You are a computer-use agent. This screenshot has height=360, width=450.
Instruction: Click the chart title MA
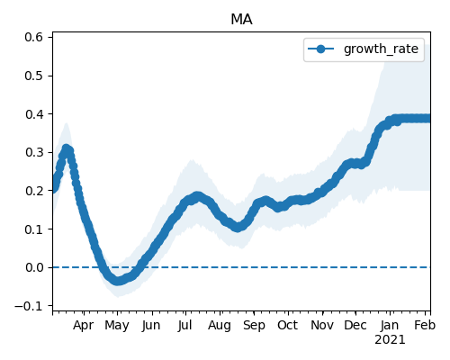tap(241, 20)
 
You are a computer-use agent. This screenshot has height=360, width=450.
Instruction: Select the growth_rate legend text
tap(381, 49)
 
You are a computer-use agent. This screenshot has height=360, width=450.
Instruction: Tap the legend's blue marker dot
tap(320, 49)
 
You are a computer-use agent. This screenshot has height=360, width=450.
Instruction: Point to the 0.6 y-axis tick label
tap(34, 37)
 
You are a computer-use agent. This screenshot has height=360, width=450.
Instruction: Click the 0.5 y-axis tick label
tap(34, 76)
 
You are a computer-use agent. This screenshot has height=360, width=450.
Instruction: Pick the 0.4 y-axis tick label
tap(34, 114)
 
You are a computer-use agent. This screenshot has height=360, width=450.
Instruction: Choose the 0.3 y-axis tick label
tap(34, 152)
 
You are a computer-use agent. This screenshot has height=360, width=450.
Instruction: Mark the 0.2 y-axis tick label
tap(34, 191)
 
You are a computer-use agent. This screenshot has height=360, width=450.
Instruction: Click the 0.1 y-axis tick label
tap(34, 229)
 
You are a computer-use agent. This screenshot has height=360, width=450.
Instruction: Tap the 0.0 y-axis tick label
tap(34, 267)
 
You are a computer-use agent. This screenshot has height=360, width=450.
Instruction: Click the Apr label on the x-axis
tap(83, 326)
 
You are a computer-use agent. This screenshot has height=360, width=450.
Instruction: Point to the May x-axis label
tap(117, 326)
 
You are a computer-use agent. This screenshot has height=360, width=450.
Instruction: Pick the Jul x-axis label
tap(184, 326)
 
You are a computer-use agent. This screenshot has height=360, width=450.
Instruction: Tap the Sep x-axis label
tap(254, 326)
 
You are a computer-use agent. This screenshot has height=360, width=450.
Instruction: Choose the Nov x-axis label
tap(322, 326)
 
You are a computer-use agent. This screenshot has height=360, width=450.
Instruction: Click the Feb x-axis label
tap(425, 326)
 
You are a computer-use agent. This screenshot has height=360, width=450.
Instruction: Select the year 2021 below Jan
tap(390, 340)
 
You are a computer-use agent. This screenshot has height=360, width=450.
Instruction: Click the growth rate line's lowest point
tap(118, 281)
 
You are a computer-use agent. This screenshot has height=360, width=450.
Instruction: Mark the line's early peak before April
tap(67, 148)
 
